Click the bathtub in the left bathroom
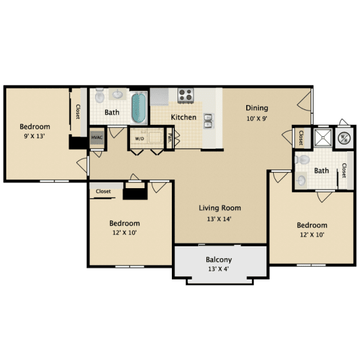tap(139, 107)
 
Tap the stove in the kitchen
tap(186, 95)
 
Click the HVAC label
tap(97, 137)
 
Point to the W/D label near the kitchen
tap(139, 137)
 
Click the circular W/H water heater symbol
tap(344, 138)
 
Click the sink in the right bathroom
tap(301, 180)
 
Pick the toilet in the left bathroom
tap(117, 95)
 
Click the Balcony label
tap(219, 259)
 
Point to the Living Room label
tap(220, 208)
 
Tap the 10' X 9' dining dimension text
tap(257, 117)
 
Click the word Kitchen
tap(184, 117)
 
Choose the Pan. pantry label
tap(170, 137)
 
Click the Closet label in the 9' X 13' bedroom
tap(78, 112)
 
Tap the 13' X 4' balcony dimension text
tap(219, 270)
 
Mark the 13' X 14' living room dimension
tap(220, 219)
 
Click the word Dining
tap(256, 107)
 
